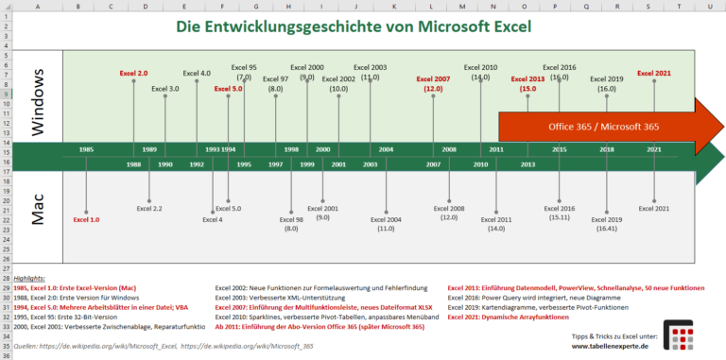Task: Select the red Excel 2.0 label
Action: tap(133, 73)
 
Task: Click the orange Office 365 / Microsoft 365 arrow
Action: tap(605, 125)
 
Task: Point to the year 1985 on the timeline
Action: tap(86, 149)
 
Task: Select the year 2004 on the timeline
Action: tap(386, 149)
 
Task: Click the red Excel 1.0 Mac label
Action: tap(86, 219)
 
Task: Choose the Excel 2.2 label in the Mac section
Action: tap(149, 208)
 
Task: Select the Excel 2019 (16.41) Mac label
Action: tap(606, 224)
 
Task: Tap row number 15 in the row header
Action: tap(6, 150)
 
